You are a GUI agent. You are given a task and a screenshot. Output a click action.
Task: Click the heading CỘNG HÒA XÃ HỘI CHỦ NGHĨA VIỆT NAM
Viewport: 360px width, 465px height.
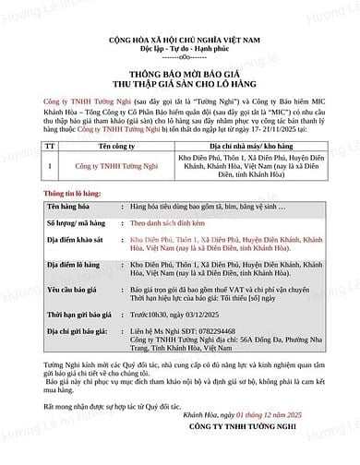(x=180, y=41)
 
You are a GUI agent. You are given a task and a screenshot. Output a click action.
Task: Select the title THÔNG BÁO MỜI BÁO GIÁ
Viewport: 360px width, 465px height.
(x=180, y=78)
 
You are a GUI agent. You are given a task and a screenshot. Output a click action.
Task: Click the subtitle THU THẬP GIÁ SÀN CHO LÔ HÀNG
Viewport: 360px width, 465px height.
(x=180, y=89)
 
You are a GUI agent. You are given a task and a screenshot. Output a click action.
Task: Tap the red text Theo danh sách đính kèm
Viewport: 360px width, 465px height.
(x=167, y=223)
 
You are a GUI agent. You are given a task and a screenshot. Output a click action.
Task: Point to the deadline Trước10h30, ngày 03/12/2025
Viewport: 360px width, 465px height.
(x=177, y=315)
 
